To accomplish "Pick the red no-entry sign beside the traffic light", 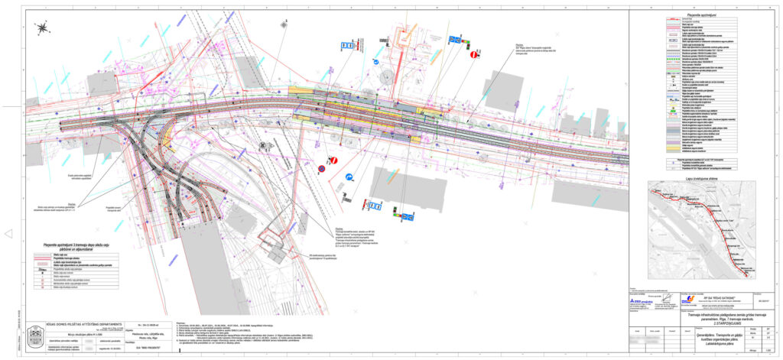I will pyautogui.click(x=474, y=55).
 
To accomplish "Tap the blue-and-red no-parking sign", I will pyautogui.click(x=322, y=169).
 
